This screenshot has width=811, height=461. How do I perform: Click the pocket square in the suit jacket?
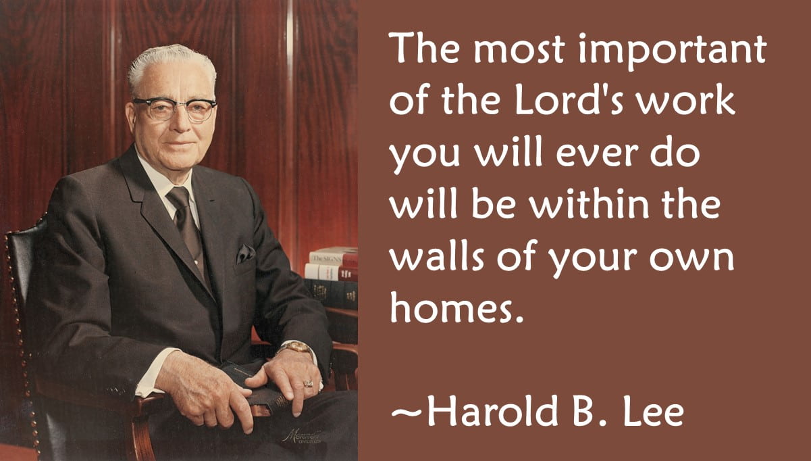pos(244,253)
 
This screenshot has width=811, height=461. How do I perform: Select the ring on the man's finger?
pos(308,383)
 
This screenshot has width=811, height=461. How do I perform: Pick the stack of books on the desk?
pos(332,277)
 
